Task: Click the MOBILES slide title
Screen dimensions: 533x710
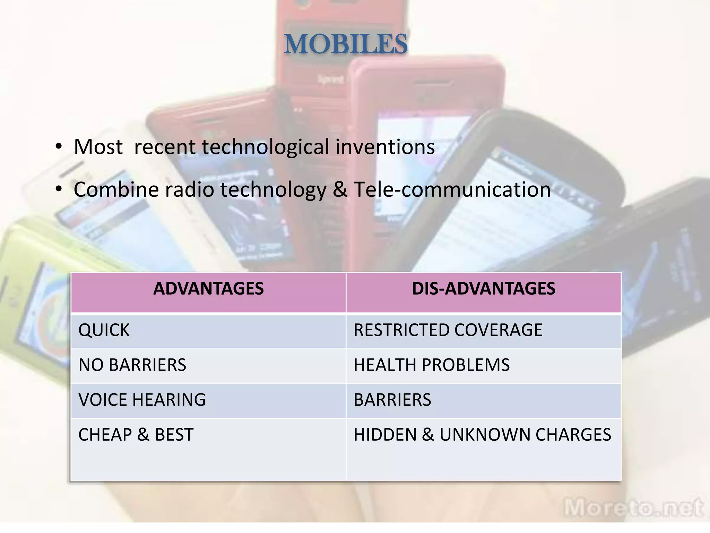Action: tap(346, 44)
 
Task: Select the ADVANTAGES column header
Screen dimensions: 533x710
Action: tap(208, 289)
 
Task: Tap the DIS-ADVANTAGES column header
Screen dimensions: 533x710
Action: tap(483, 289)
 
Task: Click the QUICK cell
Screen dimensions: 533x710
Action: tap(104, 330)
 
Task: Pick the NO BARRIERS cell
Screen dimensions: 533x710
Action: tap(132, 365)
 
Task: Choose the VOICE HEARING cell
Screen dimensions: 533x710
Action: tap(142, 400)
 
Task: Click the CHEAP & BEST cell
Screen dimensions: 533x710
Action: tap(136, 435)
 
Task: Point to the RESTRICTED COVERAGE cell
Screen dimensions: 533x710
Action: tap(448, 330)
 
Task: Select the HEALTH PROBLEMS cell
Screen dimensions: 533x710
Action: tap(432, 365)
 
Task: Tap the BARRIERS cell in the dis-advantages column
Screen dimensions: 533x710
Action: tap(392, 400)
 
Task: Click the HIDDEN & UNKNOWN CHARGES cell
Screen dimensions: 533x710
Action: tap(482, 435)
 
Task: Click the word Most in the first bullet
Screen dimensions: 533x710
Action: tap(98, 147)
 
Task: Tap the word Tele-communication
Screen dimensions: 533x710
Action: tap(452, 190)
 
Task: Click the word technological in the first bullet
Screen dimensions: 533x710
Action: tap(266, 147)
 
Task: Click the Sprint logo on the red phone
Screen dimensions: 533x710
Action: tap(330, 79)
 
